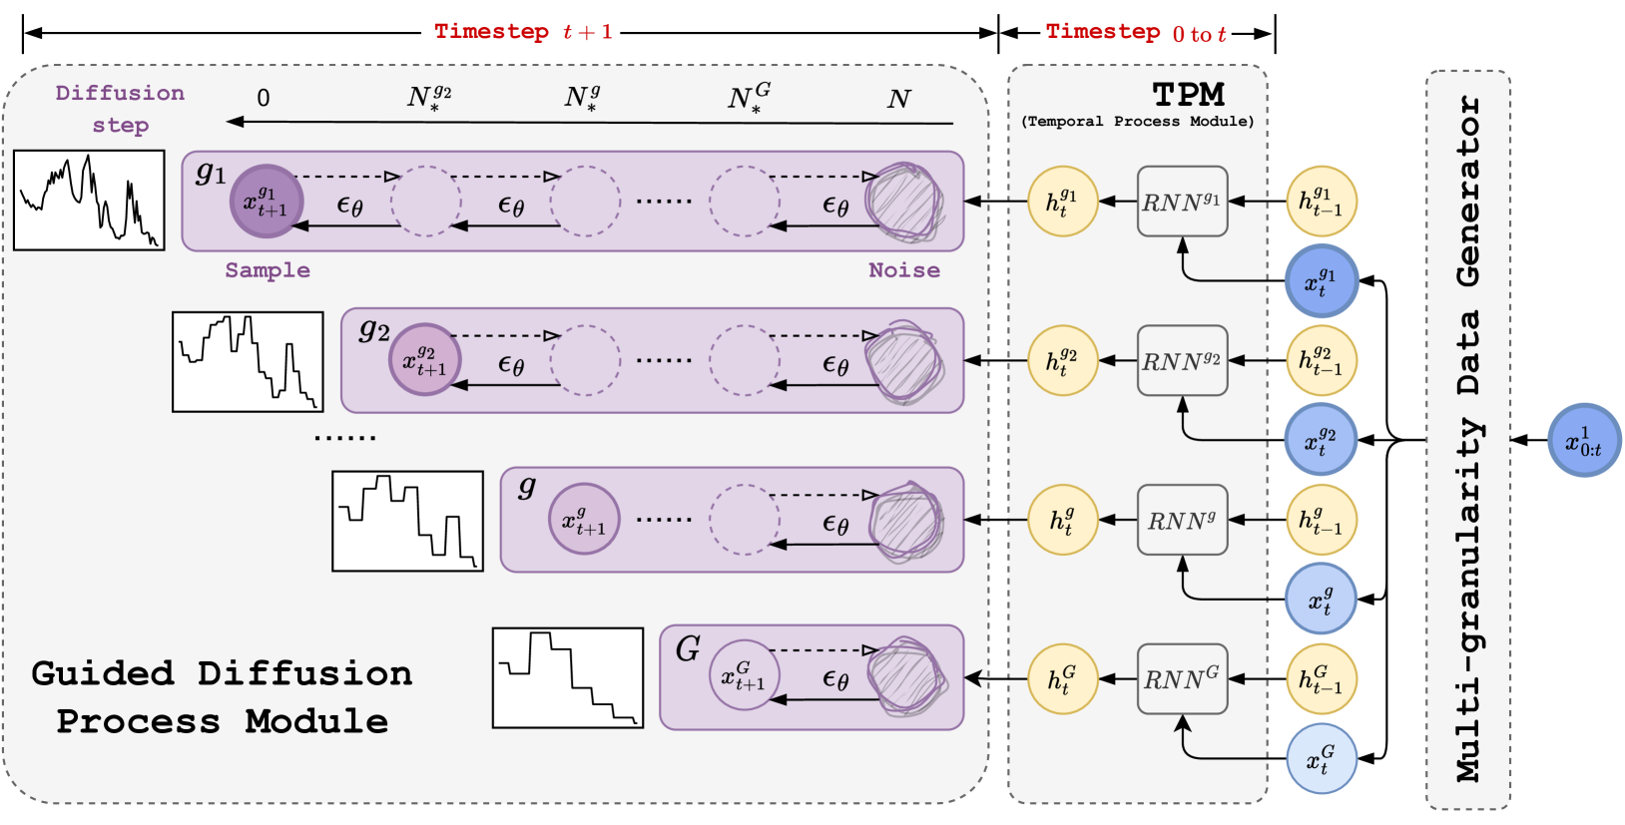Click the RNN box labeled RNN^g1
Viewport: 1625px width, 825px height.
[1182, 202]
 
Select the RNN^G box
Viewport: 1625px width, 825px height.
[1182, 679]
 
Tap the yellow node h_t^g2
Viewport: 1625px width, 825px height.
[1063, 360]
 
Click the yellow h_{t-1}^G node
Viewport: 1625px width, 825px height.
[1322, 679]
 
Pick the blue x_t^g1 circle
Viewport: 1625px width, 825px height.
[1322, 281]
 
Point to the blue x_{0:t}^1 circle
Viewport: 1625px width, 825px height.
[1584, 440]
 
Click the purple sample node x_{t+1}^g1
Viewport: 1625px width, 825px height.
[267, 201]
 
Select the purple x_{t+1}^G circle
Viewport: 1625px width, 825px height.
[744, 675]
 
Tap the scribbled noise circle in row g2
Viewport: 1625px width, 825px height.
[904, 360]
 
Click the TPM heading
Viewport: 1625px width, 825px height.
[1188, 95]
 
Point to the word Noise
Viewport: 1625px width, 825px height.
[903, 270]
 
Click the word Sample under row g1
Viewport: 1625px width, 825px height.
[268, 270]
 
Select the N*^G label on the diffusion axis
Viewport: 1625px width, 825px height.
[749, 98]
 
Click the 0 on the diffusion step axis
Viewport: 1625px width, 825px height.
[264, 98]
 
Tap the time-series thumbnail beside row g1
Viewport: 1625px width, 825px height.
[89, 200]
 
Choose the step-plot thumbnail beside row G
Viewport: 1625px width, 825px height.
[568, 677]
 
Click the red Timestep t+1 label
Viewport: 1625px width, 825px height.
[523, 32]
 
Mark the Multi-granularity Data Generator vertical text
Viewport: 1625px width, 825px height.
[1467, 439]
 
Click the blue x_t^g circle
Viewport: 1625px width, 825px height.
[1322, 600]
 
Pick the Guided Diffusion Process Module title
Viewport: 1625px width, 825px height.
[222, 696]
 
